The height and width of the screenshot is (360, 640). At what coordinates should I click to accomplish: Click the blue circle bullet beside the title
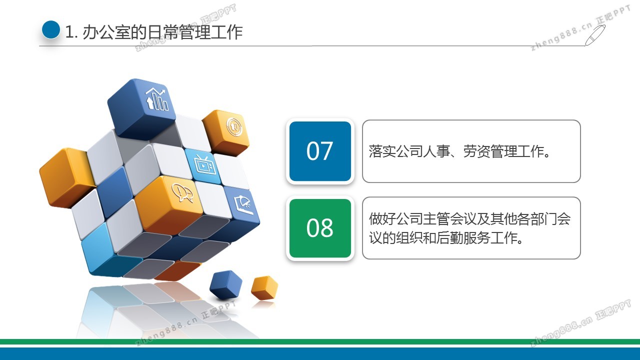tap(51, 29)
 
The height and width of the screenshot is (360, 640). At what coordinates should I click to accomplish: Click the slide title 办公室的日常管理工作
tap(162, 32)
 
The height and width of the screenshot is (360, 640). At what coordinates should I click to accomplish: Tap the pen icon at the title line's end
tap(595, 35)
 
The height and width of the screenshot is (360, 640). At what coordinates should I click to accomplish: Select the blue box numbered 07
tap(320, 151)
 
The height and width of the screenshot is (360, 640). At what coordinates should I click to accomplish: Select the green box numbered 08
tap(320, 228)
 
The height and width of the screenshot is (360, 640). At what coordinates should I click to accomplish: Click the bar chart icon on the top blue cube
tap(156, 99)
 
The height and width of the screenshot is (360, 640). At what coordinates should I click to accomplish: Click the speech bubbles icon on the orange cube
tap(182, 192)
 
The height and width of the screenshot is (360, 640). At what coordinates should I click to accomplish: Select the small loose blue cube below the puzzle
tap(225, 284)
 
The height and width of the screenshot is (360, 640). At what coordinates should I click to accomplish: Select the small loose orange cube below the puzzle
tap(264, 287)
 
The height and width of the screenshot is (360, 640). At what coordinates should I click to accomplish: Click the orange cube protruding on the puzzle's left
tap(65, 177)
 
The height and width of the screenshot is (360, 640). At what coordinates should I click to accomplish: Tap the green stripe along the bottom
tap(320, 341)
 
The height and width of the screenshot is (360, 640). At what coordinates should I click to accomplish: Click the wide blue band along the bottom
tap(320, 353)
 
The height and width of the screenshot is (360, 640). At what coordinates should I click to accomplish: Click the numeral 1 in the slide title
tap(69, 32)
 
